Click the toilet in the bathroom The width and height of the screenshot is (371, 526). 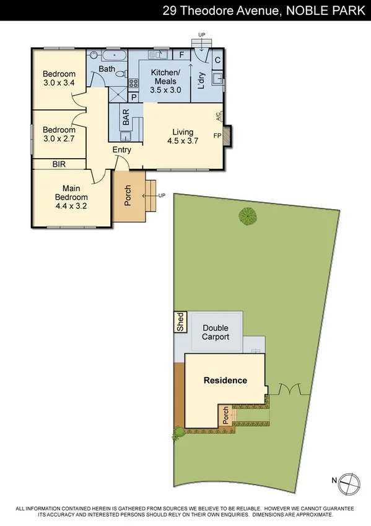pyautogui.click(x=120, y=79)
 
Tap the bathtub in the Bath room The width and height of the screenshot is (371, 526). pyautogui.click(x=107, y=56)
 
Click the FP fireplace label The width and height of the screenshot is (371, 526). pyautogui.click(x=217, y=135)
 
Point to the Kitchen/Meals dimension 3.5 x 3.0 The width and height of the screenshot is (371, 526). pyautogui.click(x=165, y=90)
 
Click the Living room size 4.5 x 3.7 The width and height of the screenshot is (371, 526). pyautogui.click(x=183, y=141)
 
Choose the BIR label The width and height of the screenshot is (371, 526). pyautogui.click(x=60, y=164)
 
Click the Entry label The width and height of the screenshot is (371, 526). pyautogui.click(x=122, y=150)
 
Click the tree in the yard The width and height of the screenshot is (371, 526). pyautogui.click(x=248, y=216)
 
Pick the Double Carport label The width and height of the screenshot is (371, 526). pyautogui.click(x=216, y=332)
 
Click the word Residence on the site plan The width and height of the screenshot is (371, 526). pyautogui.click(x=225, y=380)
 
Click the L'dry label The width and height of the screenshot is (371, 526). pyautogui.click(x=201, y=80)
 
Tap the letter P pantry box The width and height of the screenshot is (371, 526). pyautogui.click(x=133, y=97)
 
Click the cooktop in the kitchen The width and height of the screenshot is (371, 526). pyautogui.click(x=133, y=82)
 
